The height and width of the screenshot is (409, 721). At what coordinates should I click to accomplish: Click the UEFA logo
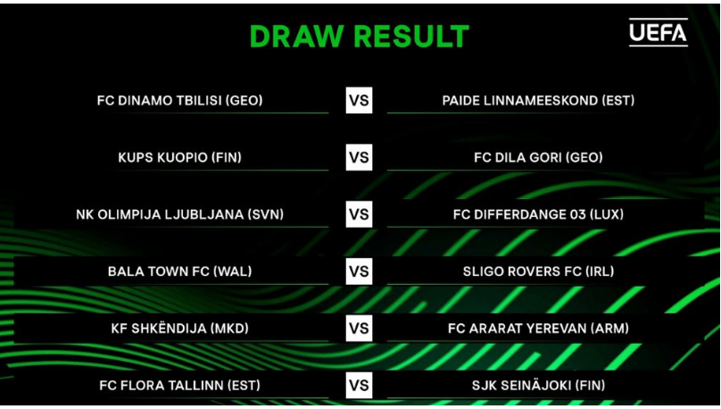coord(658,32)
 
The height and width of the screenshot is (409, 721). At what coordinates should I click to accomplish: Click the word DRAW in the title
coord(297,37)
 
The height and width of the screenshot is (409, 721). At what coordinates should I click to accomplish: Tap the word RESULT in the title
coord(411,37)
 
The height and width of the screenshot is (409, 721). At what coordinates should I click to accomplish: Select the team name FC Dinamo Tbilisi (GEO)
coord(179,100)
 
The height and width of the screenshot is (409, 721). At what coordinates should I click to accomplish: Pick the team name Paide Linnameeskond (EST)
coord(538,100)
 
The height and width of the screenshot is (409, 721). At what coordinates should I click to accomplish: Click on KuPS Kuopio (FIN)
coord(179,157)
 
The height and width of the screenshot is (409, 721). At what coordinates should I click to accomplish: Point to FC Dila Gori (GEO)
coord(538,157)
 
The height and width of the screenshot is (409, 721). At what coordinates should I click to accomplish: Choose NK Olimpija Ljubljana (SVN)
coord(179,214)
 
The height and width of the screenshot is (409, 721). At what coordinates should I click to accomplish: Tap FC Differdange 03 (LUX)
coord(538,214)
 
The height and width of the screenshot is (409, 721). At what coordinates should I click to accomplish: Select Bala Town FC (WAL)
coord(179,271)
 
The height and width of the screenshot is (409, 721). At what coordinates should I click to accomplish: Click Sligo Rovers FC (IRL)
coord(538,271)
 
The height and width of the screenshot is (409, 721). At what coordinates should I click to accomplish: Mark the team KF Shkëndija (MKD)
coord(179,328)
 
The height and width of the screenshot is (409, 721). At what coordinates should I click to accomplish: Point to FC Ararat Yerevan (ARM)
coord(538,328)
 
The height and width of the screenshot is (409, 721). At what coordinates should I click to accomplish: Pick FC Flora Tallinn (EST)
coord(179,385)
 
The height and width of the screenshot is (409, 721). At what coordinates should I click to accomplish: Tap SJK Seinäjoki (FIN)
coord(538,385)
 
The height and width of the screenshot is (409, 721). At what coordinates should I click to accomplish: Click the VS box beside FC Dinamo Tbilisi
coord(359,100)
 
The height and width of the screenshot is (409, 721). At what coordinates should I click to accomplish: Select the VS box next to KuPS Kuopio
coord(359,157)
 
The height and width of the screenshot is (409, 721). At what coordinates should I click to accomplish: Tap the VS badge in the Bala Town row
coord(359,271)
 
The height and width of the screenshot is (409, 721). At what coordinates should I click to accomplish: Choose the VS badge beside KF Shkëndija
coord(359,328)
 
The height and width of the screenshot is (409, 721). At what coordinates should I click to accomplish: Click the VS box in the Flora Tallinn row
coord(359,385)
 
